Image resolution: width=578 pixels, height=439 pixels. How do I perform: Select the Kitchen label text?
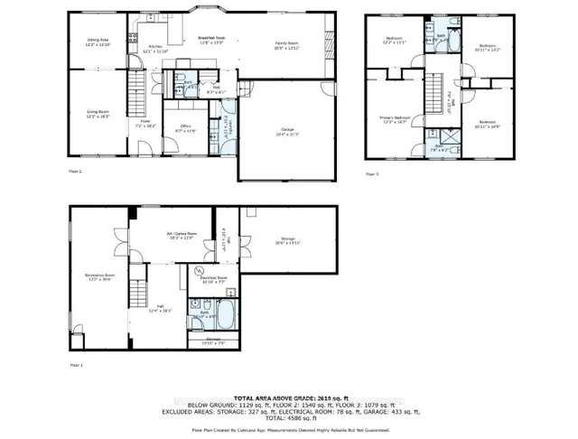coord(155,48)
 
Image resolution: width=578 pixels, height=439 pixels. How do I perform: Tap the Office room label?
coord(185,128)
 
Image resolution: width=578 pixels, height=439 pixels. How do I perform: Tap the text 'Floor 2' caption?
coord(75,172)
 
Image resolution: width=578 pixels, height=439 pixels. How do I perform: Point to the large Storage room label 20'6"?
coord(285,241)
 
